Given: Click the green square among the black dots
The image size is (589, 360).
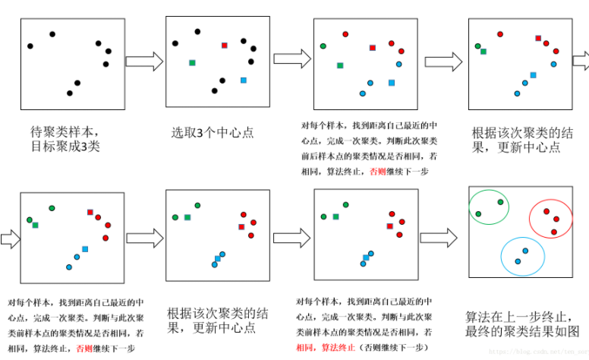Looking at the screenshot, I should [x=193, y=62].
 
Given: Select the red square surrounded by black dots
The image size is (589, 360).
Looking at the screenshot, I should [x=224, y=46].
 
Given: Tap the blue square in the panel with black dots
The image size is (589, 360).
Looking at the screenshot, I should [x=244, y=80].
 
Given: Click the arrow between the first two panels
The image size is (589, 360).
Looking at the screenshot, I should [x=144, y=62].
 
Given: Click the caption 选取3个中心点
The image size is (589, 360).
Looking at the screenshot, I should [x=213, y=132].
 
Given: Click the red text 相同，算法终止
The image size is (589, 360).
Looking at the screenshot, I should [x=323, y=347].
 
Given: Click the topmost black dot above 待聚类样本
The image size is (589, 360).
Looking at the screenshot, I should [x=52, y=33].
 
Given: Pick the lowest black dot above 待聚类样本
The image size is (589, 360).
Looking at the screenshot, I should [x=70, y=93].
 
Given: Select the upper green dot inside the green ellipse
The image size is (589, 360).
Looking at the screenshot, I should [x=500, y=201].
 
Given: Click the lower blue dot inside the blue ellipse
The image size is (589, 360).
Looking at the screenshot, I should [x=518, y=261].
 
